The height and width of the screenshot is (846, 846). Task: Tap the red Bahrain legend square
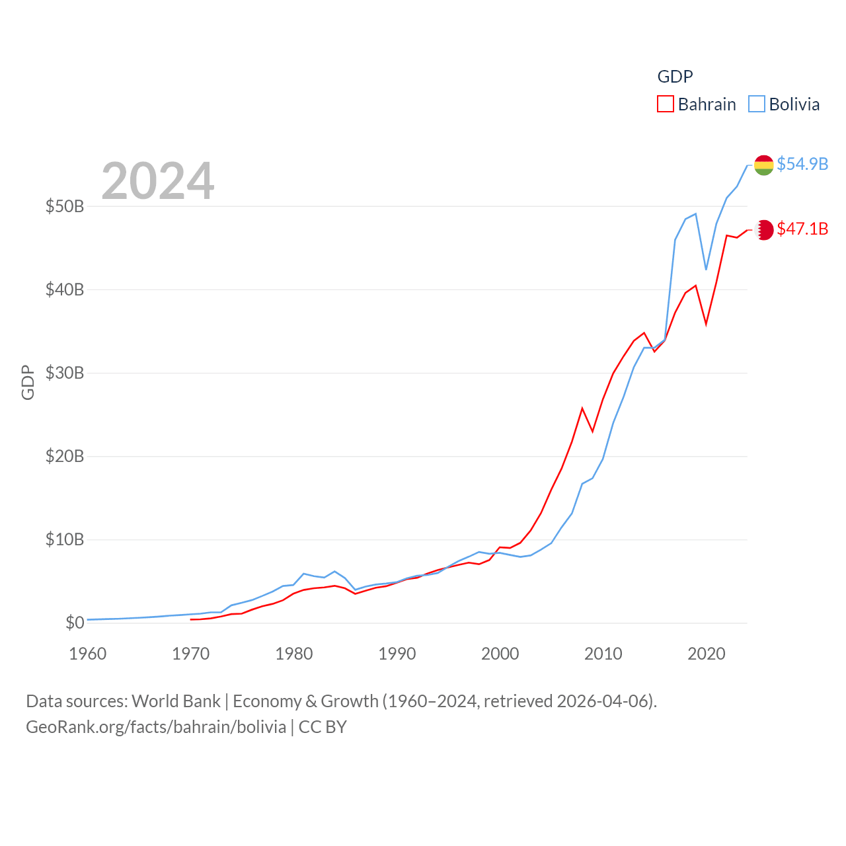(x=666, y=104)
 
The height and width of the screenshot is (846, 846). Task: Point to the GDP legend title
(x=675, y=77)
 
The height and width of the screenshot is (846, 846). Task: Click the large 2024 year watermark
(x=157, y=180)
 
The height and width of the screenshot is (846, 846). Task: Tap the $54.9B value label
(x=802, y=164)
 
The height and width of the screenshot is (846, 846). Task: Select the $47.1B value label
(x=802, y=229)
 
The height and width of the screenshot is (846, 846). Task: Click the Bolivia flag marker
(x=764, y=165)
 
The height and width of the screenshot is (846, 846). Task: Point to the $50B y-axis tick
(x=65, y=206)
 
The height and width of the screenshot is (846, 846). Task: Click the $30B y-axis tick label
(x=65, y=373)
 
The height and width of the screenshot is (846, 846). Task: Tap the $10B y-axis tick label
(x=65, y=539)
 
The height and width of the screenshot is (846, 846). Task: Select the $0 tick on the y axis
(x=75, y=623)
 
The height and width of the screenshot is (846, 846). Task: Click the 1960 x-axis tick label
(x=88, y=654)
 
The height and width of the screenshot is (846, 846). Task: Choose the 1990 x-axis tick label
(x=397, y=654)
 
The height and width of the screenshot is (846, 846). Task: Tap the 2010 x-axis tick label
(x=603, y=654)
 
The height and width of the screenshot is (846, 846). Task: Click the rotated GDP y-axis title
(x=28, y=382)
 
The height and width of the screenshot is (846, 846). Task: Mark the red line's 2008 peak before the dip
(x=582, y=408)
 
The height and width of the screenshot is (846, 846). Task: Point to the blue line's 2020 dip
(x=706, y=269)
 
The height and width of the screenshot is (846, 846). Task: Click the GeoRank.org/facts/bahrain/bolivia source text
(x=156, y=727)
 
